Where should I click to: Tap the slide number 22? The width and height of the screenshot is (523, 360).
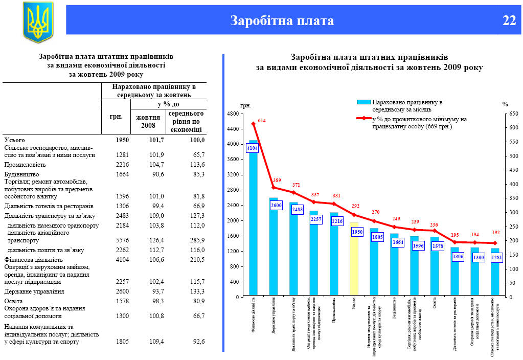tap(509, 20)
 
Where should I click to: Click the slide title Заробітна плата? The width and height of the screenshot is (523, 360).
tap(282, 20)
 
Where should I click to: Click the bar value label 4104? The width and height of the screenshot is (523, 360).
tap(252, 148)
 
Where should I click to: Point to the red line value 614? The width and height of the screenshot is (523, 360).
tap(262, 120)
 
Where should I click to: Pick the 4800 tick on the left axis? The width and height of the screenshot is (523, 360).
tap(233, 114)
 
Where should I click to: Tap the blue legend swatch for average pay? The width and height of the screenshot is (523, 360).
tap(364, 102)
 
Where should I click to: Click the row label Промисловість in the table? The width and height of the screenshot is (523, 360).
tap(25, 165)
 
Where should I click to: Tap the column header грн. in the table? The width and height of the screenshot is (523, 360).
tap(116, 116)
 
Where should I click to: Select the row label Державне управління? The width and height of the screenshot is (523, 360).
tap(34, 291)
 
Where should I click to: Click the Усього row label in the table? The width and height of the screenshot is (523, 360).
tap(14, 140)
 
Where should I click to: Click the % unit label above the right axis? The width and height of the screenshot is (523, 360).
tap(505, 104)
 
